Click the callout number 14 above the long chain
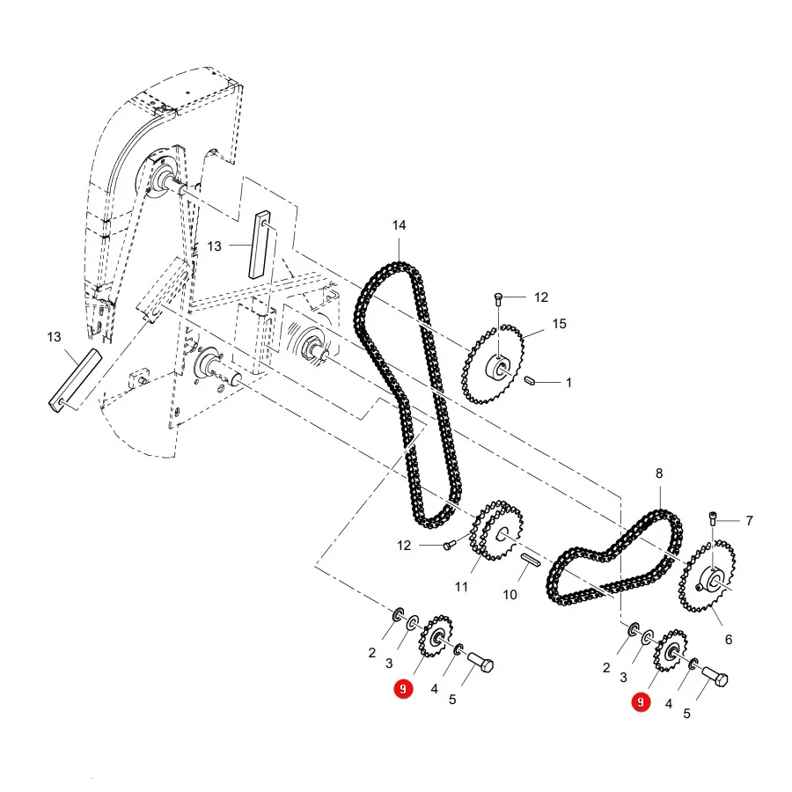click(399, 225)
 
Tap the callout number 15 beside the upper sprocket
click(559, 324)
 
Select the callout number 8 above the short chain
click(659, 473)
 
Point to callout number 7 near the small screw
click(749, 520)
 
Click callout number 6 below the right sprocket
click(729, 640)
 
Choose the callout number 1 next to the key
click(568, 383)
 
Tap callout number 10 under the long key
click(510, 595)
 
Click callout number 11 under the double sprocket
click(461, 586)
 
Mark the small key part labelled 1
click(530, 380)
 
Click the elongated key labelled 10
click(531, 560)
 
